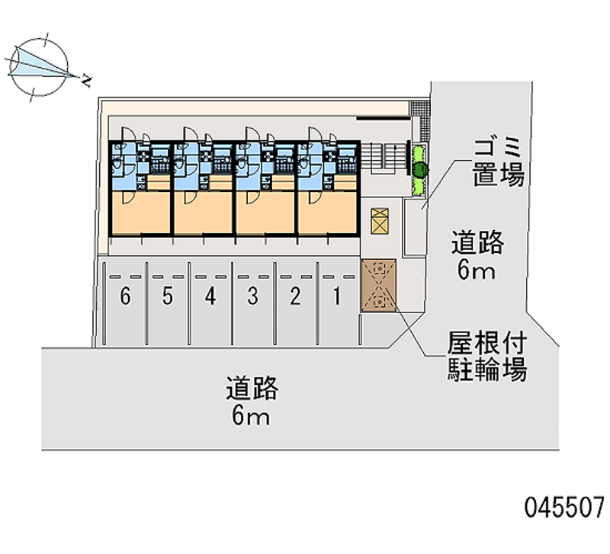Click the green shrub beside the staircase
[420, 169]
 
